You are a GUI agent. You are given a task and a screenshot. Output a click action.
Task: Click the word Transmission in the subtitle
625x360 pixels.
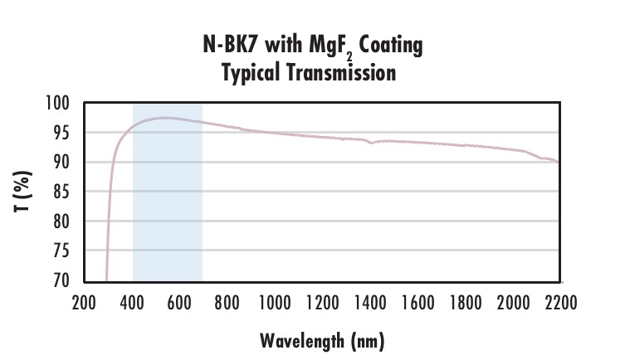click(x=343, y=73)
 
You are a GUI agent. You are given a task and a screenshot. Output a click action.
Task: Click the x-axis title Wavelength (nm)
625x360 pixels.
click(x=322, y=340)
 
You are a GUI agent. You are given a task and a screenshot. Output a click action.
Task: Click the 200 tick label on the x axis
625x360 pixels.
click(x=85, y=303)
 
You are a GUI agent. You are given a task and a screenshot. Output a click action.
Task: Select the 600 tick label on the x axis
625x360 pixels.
click(x=179, y=303)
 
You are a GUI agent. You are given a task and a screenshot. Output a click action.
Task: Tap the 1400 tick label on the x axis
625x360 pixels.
click(x=369, y=303)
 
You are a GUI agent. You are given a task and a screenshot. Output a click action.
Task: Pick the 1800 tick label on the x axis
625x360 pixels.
click(x=463, y=303)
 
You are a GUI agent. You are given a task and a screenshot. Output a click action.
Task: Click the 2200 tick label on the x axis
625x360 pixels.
click(x=558, y=303)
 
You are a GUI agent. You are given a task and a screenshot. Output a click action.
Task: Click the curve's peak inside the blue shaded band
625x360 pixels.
click(x=166, y=118)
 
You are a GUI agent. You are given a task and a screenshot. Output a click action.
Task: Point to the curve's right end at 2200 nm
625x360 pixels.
click(x=557, y=162)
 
